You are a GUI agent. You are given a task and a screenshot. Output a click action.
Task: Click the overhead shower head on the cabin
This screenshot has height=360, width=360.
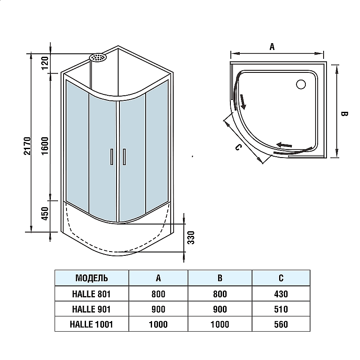98,57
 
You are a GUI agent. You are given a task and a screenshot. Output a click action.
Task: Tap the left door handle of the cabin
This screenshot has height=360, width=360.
111,156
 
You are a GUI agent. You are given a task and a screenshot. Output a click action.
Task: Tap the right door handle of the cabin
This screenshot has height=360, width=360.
124,156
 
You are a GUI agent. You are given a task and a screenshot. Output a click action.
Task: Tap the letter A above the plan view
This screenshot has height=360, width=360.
272,47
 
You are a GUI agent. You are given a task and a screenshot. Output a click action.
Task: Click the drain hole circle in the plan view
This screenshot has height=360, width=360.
301,84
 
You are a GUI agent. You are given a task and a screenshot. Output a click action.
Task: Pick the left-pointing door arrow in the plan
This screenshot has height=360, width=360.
284,145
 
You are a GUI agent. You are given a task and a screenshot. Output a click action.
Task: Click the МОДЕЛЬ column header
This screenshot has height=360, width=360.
91,278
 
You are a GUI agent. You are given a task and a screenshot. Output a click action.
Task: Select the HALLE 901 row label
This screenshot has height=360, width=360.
91,309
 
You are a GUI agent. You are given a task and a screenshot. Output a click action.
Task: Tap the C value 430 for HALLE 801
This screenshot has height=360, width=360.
281,294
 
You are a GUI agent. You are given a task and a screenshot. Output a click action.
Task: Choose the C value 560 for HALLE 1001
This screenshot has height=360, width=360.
281,324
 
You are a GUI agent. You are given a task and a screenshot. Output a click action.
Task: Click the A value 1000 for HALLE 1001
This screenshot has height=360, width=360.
158,324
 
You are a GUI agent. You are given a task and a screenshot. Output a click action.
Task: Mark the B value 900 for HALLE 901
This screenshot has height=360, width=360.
219,309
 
